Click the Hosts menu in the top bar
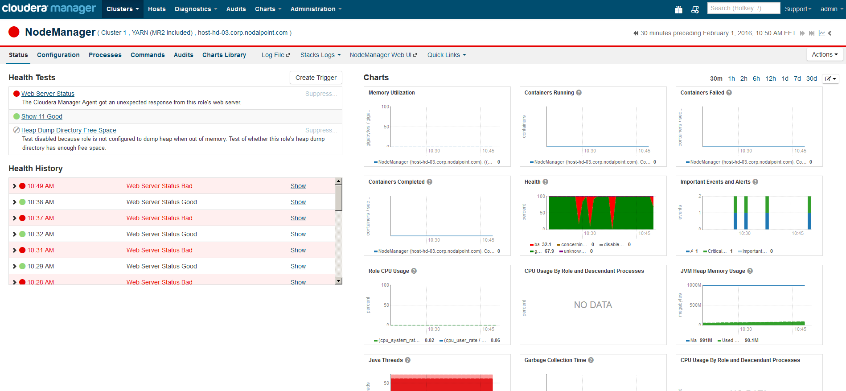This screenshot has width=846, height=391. coord(156,9)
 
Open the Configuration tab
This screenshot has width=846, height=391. coord(58,55)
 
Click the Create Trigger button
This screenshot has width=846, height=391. coord(316,78)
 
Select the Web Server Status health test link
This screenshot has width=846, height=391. coord(48,94)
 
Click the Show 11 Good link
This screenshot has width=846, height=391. coord(42,116)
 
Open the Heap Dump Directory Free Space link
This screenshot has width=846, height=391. coord(69,130)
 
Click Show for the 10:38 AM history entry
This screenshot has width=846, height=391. coord(298,202)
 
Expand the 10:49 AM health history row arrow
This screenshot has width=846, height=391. coord(15,186)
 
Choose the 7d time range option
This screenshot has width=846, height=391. coord(797,78)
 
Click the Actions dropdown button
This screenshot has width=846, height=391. coord(824,54)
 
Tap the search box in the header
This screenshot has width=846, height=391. coord(743,8)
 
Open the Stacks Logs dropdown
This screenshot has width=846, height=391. coord(320,55)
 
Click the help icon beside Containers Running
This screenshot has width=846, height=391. coord(579,93)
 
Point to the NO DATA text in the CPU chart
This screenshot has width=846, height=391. coord(593,305)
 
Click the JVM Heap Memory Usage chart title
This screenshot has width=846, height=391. coord(712,271)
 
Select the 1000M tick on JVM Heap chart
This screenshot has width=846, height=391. coord(694,285)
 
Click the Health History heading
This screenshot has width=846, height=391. coord(36,169)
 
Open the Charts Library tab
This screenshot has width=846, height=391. coord(224,55)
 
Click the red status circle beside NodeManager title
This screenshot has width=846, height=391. coord(14,32)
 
